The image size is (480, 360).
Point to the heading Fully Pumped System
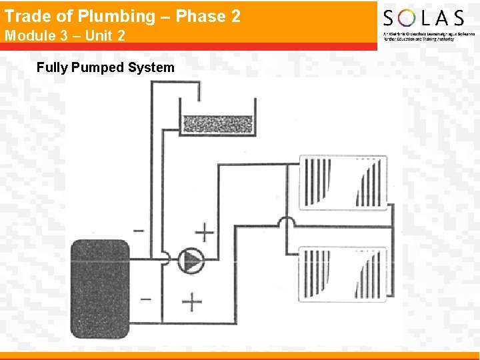tap(105, 67)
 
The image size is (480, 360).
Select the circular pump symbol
tap(191, 261)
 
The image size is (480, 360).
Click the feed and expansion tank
tap(217, 117)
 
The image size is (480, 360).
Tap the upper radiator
tap(343, 182)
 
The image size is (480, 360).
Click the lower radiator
tap(343, 273)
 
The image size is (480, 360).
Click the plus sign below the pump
tap(192, 302)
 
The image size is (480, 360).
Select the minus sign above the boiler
tap(139, 231)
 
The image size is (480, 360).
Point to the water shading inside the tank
tap(217, 124)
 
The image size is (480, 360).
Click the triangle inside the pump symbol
tap(193, 261)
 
